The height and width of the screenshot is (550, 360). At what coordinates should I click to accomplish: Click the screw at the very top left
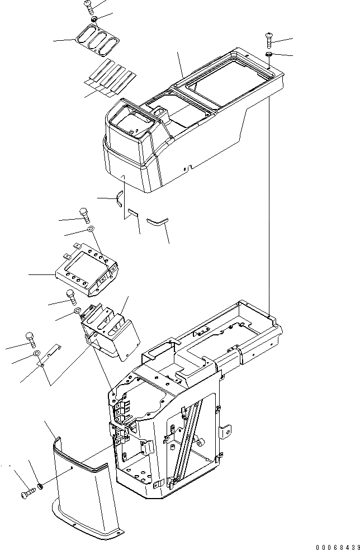(88, 6)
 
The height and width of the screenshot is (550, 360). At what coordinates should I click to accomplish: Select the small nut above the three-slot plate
(95, 20)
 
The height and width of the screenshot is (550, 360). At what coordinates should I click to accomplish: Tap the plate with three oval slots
(98, 41)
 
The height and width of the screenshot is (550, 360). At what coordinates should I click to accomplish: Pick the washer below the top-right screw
(269, 54)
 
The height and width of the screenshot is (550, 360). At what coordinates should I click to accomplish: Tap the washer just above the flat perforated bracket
(90, 229)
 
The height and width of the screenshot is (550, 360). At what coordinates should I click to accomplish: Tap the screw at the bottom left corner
(27, 494)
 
